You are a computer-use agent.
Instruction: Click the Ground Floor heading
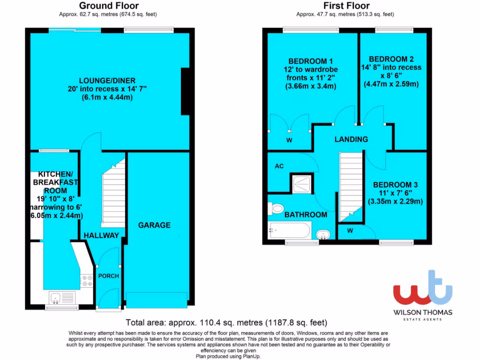(102, 6)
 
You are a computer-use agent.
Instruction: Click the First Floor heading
(346, 6)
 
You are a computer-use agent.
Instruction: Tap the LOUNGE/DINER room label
(102, 81)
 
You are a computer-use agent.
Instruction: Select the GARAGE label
(154, 225)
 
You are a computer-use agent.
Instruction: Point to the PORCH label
(108, 276)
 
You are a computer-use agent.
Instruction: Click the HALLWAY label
(101, 235)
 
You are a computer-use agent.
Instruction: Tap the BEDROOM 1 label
(310, 61)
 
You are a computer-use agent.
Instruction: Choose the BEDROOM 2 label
(391, 59)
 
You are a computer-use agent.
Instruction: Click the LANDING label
(351, 139)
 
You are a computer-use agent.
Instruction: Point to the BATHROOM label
(306, 215)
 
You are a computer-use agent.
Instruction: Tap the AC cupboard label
(279, 166)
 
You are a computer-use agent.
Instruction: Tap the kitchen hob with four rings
(87, 280)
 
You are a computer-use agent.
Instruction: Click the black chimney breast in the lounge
(186, 91)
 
